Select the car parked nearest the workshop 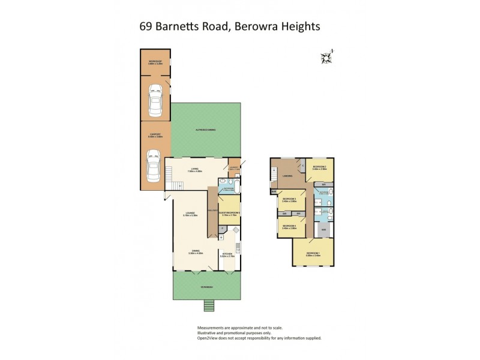click(x=155, y=101)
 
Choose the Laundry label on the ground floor click(x=234, y=167)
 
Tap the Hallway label click(x=212, y=210)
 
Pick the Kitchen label click(x=227, y=254)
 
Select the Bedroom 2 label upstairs click(x=319, y=167)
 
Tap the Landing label click(x=287, y=175)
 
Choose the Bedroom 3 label click(x=290, y=199)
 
